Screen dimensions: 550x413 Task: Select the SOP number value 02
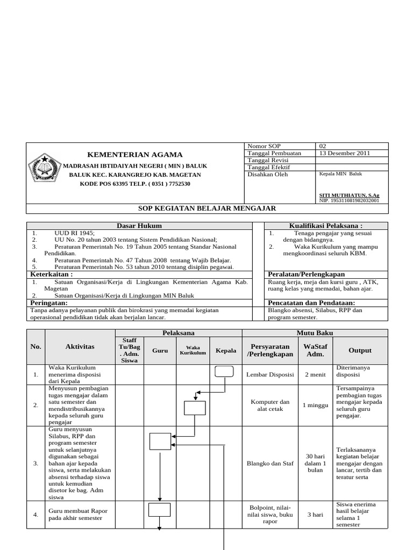point(323,146)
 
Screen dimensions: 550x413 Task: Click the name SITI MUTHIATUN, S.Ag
point(349,196)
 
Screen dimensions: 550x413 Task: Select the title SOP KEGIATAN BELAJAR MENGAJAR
point(207,208)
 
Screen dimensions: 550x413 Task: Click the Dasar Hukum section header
point(139,226)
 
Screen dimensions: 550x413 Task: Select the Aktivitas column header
point(80,347)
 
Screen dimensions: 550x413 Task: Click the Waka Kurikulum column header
point(193,350)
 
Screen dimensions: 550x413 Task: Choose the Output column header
point(360,350)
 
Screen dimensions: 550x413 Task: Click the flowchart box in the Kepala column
point(224,372)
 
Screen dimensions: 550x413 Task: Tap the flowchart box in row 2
point(194,408)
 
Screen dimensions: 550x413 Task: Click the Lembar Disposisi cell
point(270,375)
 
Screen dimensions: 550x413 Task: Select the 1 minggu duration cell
point(315,405)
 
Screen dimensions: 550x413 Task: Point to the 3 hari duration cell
point(315,515)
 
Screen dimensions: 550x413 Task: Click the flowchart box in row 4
point(160,510)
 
